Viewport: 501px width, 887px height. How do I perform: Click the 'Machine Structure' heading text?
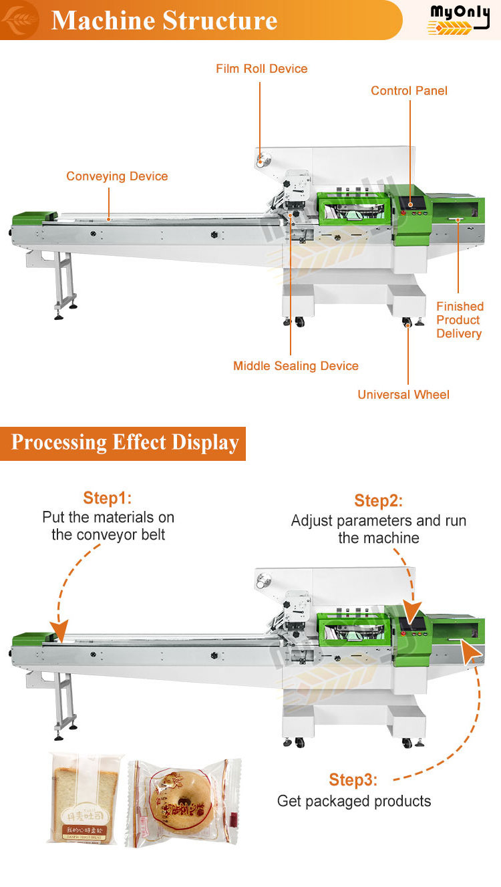(164, 20)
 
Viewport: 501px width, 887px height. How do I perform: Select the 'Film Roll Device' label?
(262, 69)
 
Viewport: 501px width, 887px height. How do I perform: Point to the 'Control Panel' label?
(409, 91)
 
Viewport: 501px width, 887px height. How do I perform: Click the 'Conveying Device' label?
(117, 176)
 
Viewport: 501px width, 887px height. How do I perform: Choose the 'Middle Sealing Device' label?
(296, 366)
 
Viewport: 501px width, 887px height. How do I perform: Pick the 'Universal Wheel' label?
(403, 395)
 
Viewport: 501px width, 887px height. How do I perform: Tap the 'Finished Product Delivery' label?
(460, 320)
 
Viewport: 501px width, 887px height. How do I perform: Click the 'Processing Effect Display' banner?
(125, 443)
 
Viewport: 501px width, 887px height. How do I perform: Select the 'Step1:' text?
(108, 498)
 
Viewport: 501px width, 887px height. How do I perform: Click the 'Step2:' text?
(379, 502)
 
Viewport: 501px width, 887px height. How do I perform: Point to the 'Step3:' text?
(353, 780)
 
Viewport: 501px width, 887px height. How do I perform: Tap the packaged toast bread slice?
(85, 798)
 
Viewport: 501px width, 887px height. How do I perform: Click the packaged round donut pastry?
(182, 802)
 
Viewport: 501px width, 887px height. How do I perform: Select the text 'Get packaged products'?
(354, 802)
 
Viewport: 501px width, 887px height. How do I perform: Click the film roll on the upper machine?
(263, 160)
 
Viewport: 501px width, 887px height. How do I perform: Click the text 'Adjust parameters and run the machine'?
(379, 530)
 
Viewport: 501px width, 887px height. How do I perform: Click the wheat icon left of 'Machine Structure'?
(18, 20)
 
